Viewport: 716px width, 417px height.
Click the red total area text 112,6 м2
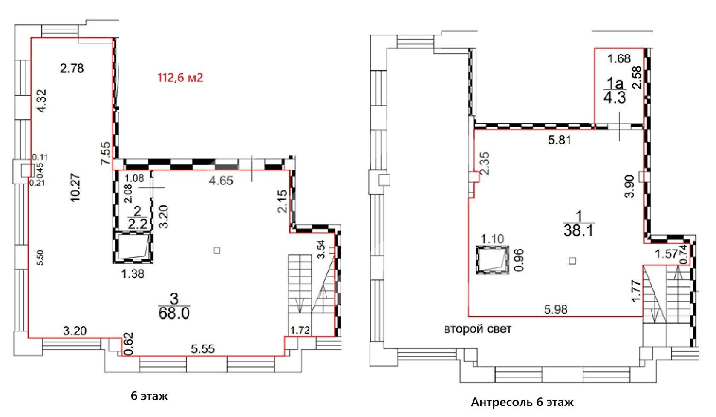180,78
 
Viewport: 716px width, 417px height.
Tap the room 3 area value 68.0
174,313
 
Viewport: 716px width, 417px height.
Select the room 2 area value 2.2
137,224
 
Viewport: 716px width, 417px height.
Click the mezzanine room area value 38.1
578,230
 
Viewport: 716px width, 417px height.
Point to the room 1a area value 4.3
615,98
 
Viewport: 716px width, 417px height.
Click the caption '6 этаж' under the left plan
149,396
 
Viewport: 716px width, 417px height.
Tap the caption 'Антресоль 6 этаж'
523,402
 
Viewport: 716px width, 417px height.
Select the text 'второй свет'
478,329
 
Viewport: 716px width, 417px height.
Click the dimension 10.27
76,187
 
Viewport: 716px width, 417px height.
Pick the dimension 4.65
221,181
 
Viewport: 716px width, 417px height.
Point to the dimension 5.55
203,349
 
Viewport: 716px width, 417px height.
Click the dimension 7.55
106,153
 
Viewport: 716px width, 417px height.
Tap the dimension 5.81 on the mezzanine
559,140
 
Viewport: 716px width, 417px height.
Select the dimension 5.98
556,309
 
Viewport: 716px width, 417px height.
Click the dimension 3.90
629,187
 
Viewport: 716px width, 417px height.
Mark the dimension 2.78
72,69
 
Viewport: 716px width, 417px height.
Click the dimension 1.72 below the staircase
300,330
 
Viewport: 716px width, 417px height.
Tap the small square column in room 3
217,250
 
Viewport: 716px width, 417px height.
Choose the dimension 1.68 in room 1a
619,59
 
